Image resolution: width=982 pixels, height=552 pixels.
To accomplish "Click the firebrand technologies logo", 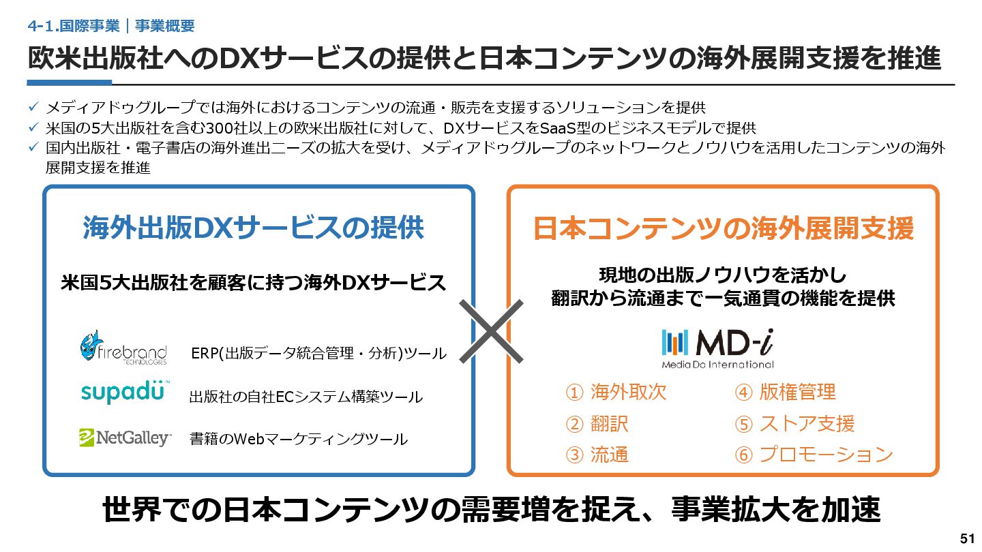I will point(123,348).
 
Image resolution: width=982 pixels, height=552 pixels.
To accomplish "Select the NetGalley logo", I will point(125,438).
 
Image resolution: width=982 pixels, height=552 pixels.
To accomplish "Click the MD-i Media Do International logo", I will point(717,348).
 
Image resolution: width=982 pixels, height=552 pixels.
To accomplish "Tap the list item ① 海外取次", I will point(616,392).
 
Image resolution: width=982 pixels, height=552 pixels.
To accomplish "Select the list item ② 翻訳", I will point(597,423).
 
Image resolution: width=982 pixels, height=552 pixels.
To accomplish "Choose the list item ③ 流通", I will point(597,455).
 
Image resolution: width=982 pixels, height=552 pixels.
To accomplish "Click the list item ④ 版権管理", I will point(785,392).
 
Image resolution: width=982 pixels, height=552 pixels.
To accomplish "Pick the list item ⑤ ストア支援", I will point(794,423).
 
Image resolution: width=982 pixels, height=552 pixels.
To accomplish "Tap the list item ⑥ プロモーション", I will point(814,455).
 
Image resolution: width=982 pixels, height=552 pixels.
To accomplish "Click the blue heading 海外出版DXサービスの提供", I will point(253,228).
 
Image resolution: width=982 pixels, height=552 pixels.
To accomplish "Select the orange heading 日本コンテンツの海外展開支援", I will point(723,230).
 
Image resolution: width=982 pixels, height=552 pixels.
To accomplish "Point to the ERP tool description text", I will point(318,354).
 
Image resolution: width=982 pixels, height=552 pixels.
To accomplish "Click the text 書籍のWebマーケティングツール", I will point(298,440).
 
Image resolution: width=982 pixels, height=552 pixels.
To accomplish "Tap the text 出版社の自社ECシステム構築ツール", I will point(306,397).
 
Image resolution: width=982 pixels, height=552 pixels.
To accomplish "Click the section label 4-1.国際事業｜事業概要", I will point(111,26).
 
